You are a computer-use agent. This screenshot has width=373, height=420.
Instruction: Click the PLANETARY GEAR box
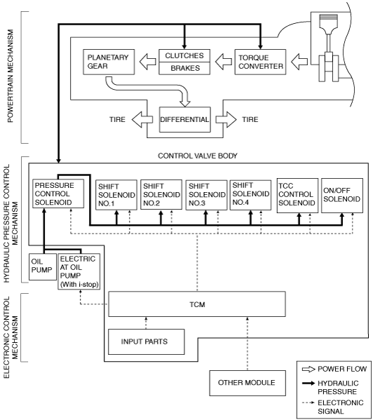tap(109, 62)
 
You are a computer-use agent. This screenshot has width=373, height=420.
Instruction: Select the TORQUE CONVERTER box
tap(260, 62)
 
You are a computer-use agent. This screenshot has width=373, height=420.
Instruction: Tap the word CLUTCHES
tap(184, 55)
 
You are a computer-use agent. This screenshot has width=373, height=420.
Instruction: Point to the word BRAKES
tap(185, 68)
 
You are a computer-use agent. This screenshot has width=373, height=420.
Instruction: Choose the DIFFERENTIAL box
tap(185, 119)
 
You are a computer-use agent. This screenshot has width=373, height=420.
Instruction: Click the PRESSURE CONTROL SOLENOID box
tap(58, 194)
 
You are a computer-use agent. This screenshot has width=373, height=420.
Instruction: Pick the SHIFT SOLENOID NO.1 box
tap(116, 195)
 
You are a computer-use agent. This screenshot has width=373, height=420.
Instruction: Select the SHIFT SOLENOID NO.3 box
tap(206, 195)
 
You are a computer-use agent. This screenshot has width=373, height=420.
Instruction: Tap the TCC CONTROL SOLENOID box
tap(297, 196)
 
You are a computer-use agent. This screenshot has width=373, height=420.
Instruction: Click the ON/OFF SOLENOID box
tap(342, 196)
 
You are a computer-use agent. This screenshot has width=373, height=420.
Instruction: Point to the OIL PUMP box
tap(43, 266)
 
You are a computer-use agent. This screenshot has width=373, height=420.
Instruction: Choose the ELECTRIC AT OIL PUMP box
tap(79, 271)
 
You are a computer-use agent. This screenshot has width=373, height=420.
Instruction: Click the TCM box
tap(197, 304)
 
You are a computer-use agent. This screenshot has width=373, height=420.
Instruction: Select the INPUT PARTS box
tap(147, 341)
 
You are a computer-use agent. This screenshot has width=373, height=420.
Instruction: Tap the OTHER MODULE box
tap(247, 383)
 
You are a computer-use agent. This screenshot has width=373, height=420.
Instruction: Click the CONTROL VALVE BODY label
tap(198, 156)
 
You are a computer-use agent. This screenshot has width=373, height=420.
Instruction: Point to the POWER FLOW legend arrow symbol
tap(308, 370)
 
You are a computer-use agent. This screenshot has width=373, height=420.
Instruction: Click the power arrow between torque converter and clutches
tap(224, 62)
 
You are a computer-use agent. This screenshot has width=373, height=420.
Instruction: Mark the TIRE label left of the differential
tap(117, 119)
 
